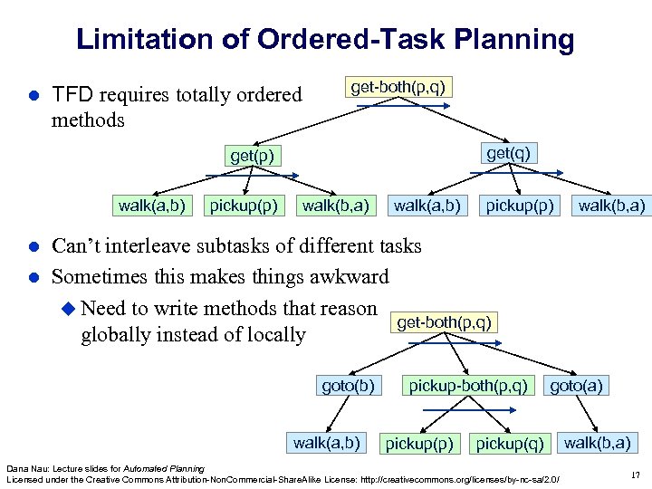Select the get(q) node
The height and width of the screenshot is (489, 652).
(x=508, y=153)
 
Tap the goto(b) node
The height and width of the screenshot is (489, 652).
(x=348, y=386)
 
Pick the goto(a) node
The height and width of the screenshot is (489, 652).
(x=576, y=386)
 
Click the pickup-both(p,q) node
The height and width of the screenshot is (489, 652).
(x=468, y=386)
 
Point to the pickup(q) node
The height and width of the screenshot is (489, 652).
(x=510, y=444)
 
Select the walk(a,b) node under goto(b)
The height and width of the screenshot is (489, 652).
(x=326, y=443)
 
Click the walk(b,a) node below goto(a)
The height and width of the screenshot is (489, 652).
(x=598, y=443)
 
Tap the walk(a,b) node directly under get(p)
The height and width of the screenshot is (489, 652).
(x=151, y=206)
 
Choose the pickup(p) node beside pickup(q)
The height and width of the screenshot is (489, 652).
(x=420, y=444)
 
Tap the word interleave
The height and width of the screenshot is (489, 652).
(x=148, y=245)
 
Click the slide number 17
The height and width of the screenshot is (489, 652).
(x=635, y=474)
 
